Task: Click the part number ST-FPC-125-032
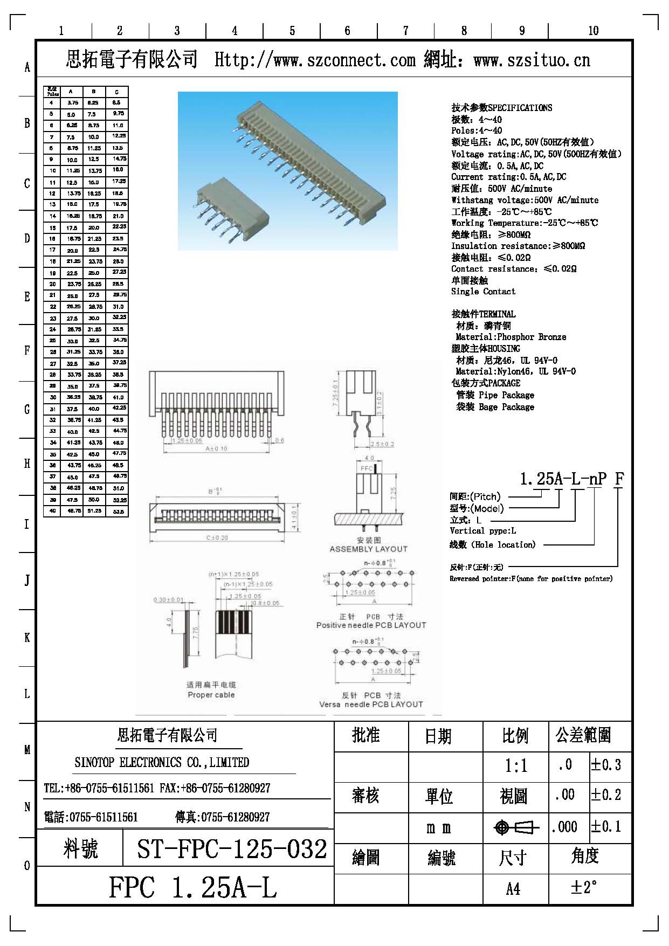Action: [232, 850]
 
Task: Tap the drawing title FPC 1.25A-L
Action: [193, 887]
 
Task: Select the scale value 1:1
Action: [516, 765]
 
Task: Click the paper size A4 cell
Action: [513, 888]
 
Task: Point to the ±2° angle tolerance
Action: [584, 887]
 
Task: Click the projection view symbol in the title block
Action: [516, 827]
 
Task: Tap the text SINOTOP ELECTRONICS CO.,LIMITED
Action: [162, 762]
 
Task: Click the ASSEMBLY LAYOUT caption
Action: [369, 549]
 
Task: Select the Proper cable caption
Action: [211, 695]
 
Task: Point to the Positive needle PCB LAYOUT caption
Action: [371, 625]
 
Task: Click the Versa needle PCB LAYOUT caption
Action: [371, 705]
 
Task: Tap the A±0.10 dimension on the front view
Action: [216, 448]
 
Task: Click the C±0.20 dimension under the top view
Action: [217, 537]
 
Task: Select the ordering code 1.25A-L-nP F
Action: [571, 479]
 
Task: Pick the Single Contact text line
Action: [483, 292]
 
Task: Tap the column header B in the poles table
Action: [94, 92]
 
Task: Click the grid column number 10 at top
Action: [593, 31]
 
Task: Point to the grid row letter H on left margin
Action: [27, 464]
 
